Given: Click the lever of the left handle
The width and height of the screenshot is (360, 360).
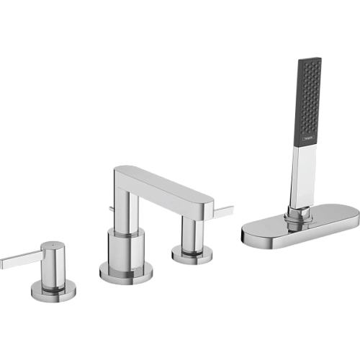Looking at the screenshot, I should [x=16, y=261].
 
